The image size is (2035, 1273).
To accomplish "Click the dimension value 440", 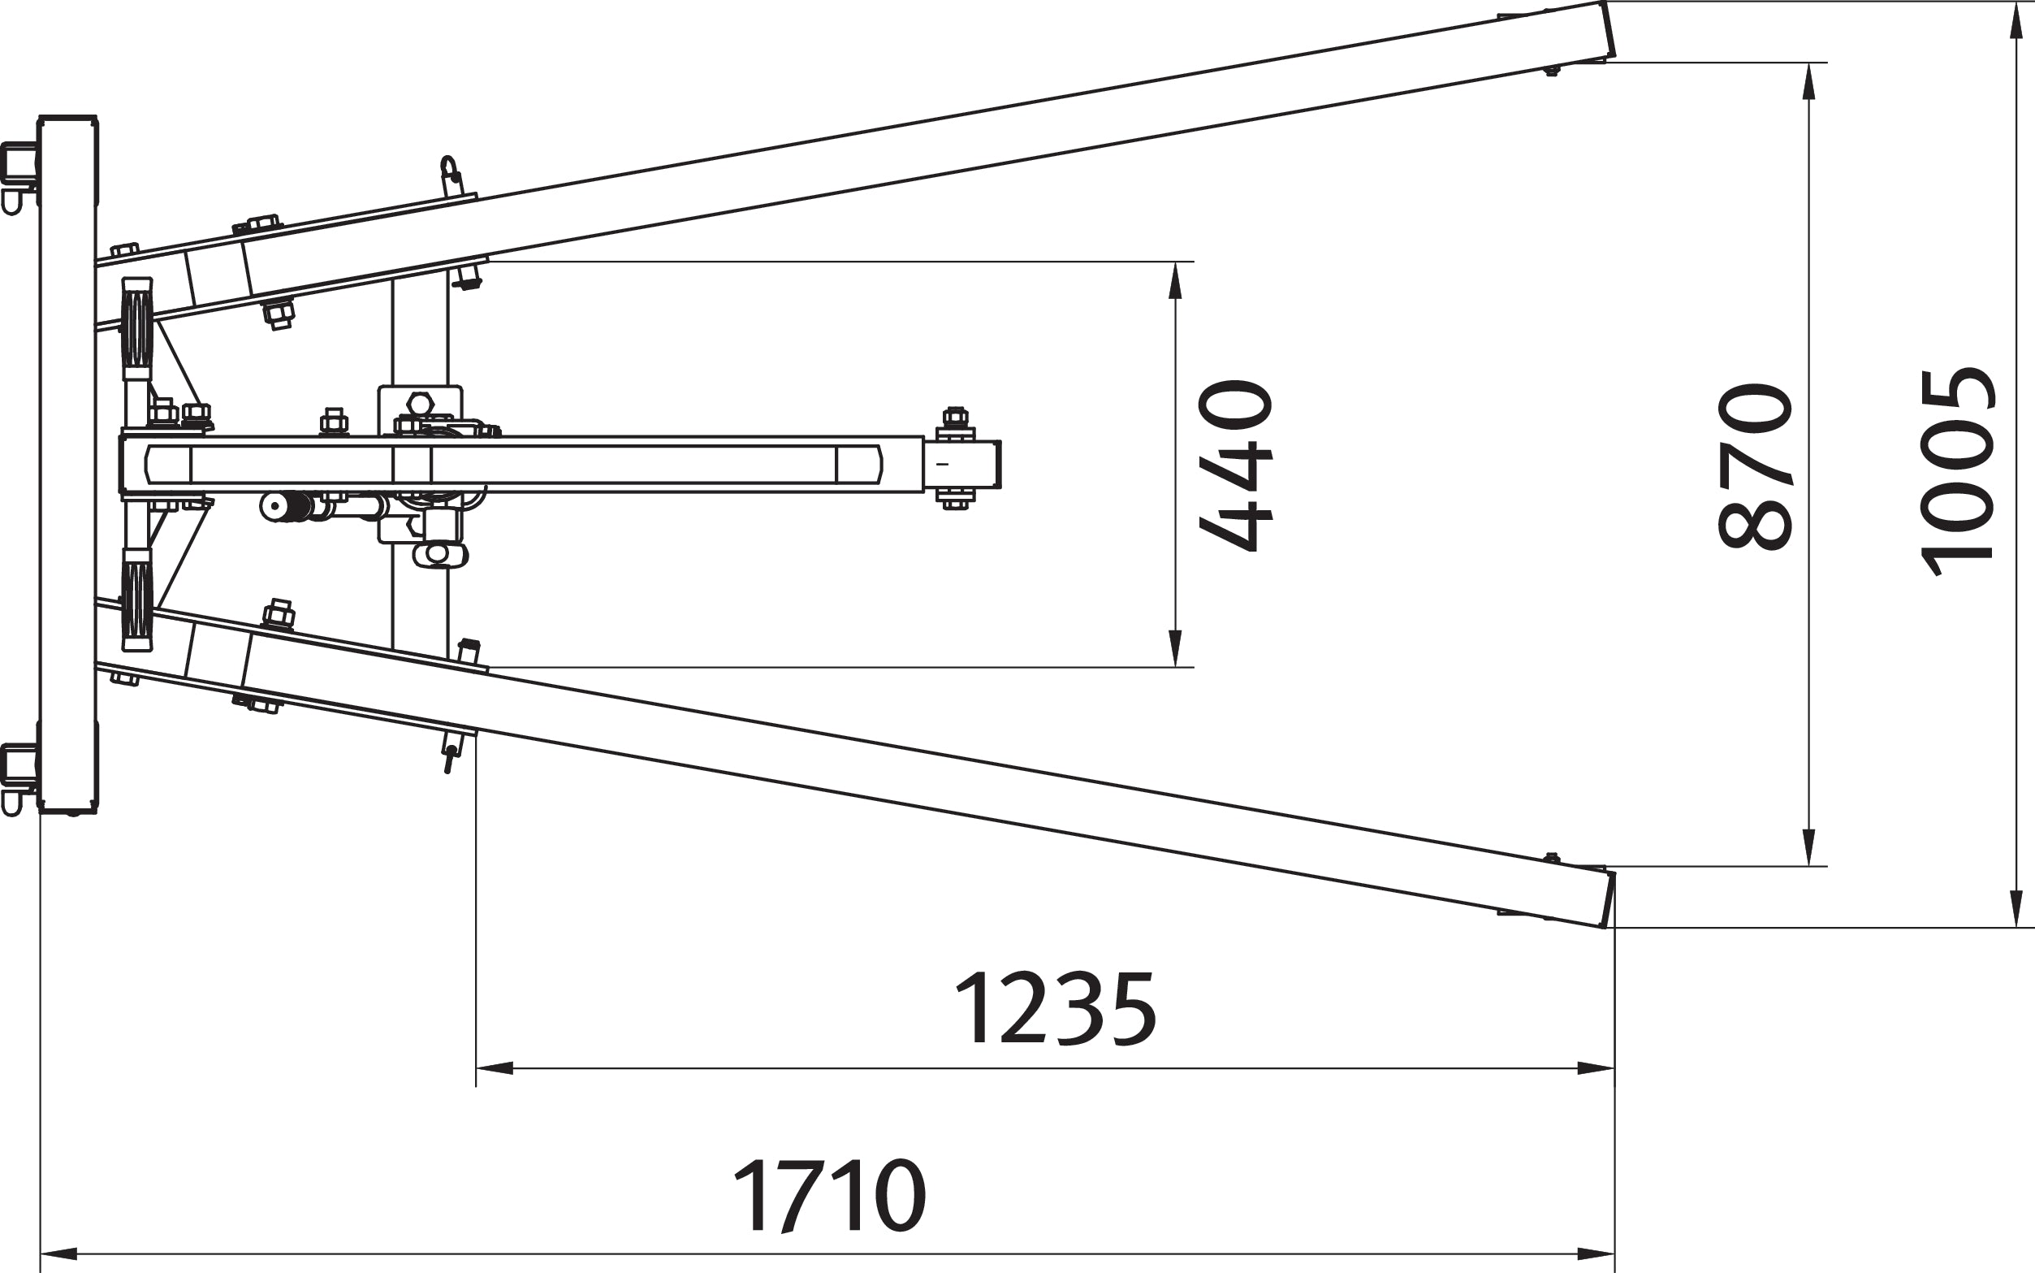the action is point(1235,465).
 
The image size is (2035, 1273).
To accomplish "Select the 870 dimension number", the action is point(1754,466).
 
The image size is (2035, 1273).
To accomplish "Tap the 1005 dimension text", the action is point(1958,471).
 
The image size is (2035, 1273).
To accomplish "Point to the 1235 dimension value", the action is point(1056,1010).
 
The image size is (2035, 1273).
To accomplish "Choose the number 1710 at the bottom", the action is point(830,1197).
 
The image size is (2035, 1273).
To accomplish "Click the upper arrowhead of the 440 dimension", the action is point(1176,280).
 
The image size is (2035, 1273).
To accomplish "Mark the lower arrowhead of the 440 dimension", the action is point(1176,648).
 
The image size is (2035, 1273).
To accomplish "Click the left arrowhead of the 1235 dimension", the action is point(495,1068).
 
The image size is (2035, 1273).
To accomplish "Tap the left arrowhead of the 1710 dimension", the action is point(59,1254).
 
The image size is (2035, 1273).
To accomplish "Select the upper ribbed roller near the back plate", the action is point(136,327).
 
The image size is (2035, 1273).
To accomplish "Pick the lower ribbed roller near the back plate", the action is point(136,600).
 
